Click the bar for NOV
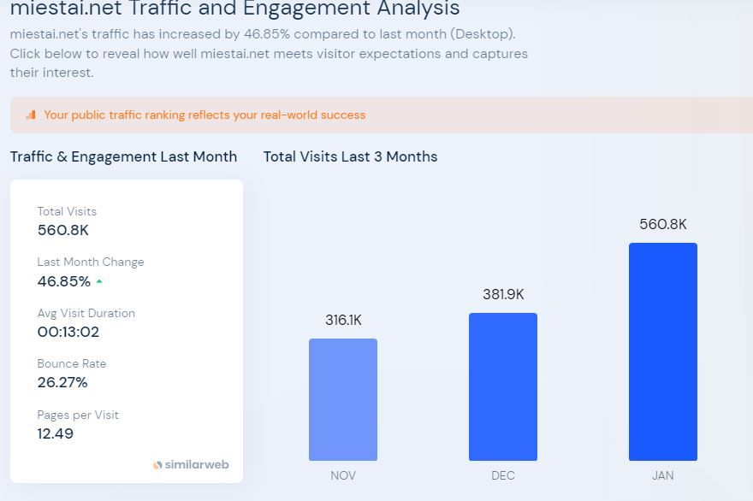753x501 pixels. point(342,399)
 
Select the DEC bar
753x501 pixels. point(502,386)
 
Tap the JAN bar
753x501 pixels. point(662,351)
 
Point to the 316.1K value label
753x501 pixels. point(343,321)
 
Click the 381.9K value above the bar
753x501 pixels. point(503,295)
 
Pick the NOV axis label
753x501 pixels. point(343,475)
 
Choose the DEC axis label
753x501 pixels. point(503,475)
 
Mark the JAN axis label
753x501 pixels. point(662,475)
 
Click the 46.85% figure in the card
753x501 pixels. point(64,281)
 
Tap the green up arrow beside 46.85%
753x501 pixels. point(99,281)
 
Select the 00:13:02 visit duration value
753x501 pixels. point(68,332)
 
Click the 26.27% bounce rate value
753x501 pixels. point(62,382)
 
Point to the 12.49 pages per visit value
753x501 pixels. point(56,433)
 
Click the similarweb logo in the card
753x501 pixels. point(191,465)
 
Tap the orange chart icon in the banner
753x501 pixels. point(31,115)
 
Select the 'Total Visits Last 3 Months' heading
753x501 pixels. point(350,156)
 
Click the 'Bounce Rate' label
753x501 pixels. point(72,363)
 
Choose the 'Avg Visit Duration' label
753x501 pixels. point(86,313)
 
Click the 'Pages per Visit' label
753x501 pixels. point(78,415)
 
